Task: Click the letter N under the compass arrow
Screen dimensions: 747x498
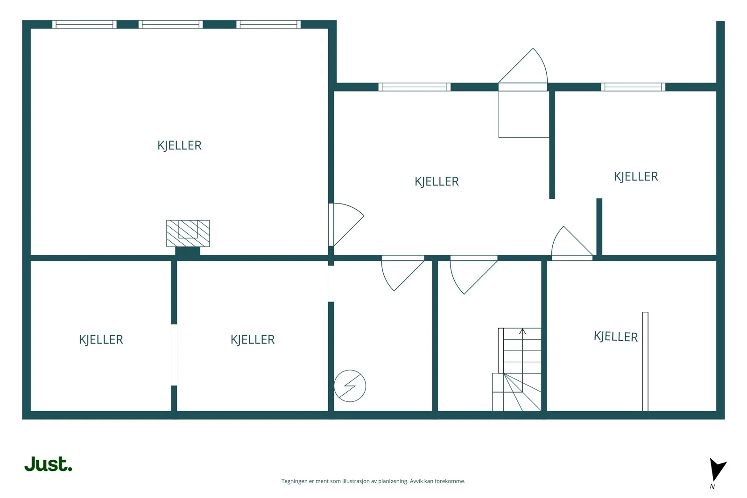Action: pos(712,487)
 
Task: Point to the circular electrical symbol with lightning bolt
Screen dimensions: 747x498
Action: pos(350,386)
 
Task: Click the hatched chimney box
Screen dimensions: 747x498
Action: pos(188,233)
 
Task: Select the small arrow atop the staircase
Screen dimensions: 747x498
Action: pos(522,331)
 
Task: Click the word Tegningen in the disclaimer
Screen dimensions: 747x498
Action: pos(295,481)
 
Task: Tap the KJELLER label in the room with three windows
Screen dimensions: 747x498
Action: pos(179,145)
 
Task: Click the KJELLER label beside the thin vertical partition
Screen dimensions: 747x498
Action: pos(616,337)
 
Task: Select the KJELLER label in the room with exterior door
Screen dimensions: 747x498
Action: pos(437,182)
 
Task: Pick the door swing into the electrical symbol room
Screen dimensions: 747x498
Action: pos(403,273)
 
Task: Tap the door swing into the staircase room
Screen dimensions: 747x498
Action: pos(473,274)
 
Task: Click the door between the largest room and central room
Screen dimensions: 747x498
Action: pos(346,224)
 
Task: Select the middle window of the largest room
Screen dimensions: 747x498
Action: pos(170,24)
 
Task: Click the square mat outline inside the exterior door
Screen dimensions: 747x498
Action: pos(523,114)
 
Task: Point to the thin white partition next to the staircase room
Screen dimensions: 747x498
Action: pos(645,361)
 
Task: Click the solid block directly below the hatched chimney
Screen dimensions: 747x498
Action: pos(188,251)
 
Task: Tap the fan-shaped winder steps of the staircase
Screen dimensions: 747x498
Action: pos(517,392)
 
